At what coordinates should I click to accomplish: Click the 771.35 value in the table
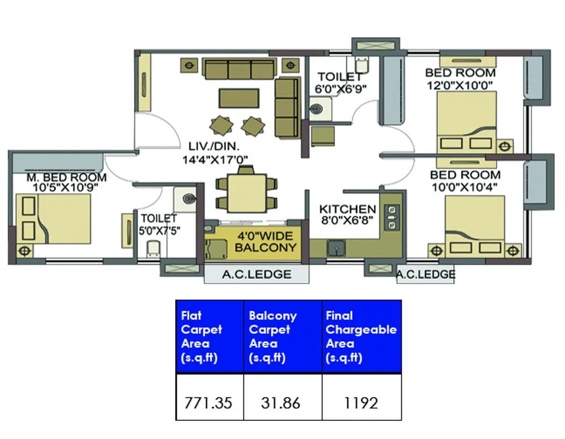pos(208,403)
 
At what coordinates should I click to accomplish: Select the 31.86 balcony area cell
pos(281,403)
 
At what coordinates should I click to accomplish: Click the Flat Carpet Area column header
pos(202,337)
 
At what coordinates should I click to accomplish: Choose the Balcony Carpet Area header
pos(272,337)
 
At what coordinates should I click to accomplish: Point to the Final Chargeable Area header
pos(361,337)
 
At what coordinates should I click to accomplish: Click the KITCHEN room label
pos(347,209)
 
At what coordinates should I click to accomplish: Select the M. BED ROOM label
pos(66,177)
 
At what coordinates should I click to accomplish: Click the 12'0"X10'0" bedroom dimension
pos(460,85)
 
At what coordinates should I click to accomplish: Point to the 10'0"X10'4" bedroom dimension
pos(465,187)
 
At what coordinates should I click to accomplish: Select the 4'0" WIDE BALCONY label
pos(265,242)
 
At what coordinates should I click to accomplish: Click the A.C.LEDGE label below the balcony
pos(257,274)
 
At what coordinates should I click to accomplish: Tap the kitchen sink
pos(337,247)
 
